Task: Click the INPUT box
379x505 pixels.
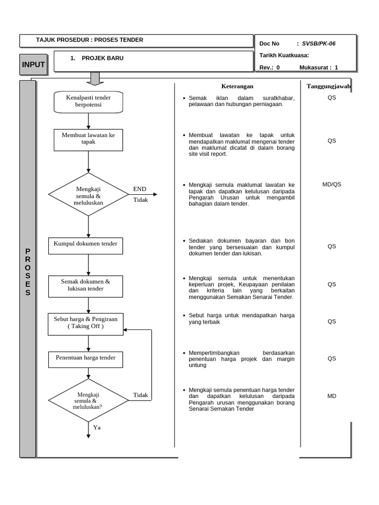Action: pos(33,64)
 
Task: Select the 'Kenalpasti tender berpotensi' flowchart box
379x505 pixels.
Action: pos(88,101)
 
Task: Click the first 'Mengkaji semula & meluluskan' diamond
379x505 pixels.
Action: pos(88,194)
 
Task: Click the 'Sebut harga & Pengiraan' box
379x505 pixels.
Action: pos(86,323)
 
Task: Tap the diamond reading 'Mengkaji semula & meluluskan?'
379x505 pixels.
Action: pos(88,400)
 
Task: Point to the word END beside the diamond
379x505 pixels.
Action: pos(140,189)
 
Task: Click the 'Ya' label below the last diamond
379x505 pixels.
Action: pos(97,428)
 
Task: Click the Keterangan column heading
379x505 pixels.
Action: pos(237,86)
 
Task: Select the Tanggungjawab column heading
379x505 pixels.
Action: pos(328,86)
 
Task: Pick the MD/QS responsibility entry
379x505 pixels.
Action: pos(332,184)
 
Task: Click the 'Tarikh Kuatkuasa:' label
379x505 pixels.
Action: pos(284,56)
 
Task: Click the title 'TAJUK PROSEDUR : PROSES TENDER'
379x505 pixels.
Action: pos(90,40)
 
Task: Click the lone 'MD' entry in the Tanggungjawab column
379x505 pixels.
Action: pos(332,396)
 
